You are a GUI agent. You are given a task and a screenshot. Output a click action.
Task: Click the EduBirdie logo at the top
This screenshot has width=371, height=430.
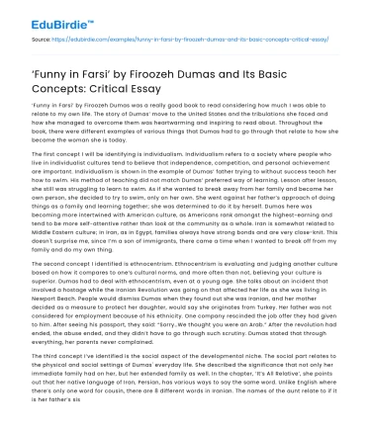tap(37, 14)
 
